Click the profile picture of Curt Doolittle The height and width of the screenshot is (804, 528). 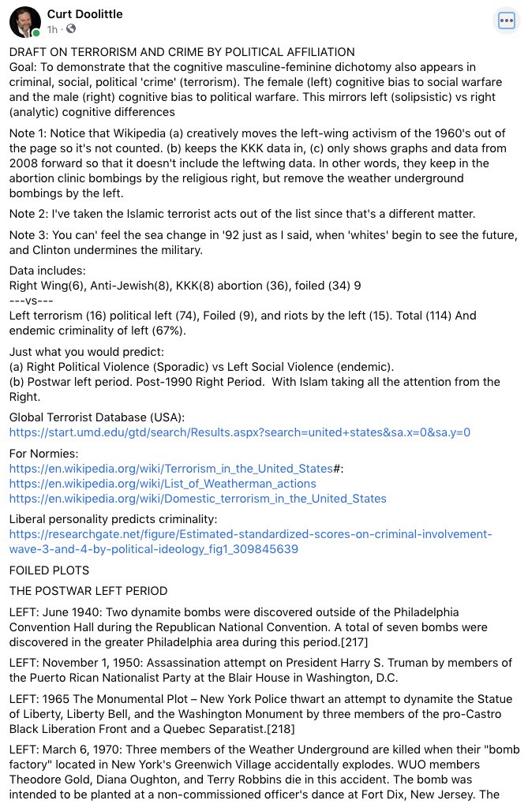click(24, 23)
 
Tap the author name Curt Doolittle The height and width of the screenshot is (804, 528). click(84, 14)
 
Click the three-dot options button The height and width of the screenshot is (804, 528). click(505, 21)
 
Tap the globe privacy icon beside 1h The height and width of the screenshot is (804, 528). click(71, 29)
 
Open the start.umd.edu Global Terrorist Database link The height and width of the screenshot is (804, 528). click(239, 432)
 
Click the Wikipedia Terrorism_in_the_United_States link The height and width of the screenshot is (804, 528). click(171, 468)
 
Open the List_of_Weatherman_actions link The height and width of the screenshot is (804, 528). click(163, 483)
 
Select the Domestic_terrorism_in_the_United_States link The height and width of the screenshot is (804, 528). click(197, 498)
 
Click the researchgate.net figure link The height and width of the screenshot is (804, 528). click(250, 541)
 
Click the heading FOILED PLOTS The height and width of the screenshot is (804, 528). click(49, 569)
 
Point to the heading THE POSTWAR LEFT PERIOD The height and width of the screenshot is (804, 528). click(88, 590)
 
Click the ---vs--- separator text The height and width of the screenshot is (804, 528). click(32, 301)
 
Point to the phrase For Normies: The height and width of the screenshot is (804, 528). click(43, 453)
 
